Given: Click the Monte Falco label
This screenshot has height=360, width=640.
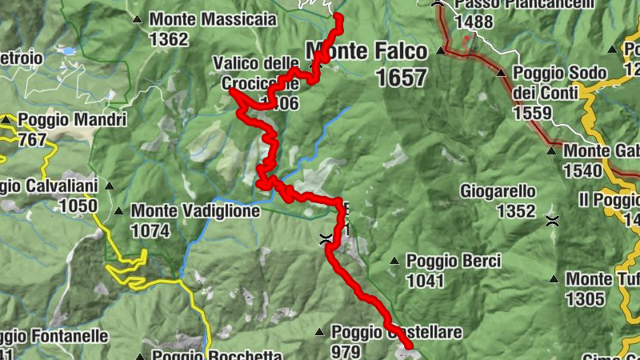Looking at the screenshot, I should coord(366,52).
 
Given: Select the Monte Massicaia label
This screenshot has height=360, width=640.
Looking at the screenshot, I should coord(212,19).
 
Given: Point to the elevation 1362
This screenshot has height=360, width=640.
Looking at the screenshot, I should coord(169,39).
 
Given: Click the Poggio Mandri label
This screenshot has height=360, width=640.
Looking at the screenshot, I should coord(72,121).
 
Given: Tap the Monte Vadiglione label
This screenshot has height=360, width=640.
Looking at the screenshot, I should coord(195,212).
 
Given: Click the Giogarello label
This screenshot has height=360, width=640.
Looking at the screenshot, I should coord(498,191).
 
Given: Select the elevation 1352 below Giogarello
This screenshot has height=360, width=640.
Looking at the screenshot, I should coord(515,211).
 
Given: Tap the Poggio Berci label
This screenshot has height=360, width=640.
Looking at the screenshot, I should coord(453,261).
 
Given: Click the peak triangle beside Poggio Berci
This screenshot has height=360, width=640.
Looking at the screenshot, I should coord(394,261).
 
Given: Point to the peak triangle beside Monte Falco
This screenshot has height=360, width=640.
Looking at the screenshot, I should coord(441,51).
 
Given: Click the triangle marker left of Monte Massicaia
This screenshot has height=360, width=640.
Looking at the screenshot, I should coord(138,19).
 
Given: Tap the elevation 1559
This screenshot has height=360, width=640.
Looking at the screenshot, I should coord(532,113).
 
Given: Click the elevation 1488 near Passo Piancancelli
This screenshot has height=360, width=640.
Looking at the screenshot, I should coord(473,22).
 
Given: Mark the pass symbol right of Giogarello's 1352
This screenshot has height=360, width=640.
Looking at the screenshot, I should coord(551,220).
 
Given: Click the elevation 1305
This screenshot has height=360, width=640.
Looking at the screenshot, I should coord(584,299).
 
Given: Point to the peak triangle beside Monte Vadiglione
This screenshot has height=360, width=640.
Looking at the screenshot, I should coord(118,212).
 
